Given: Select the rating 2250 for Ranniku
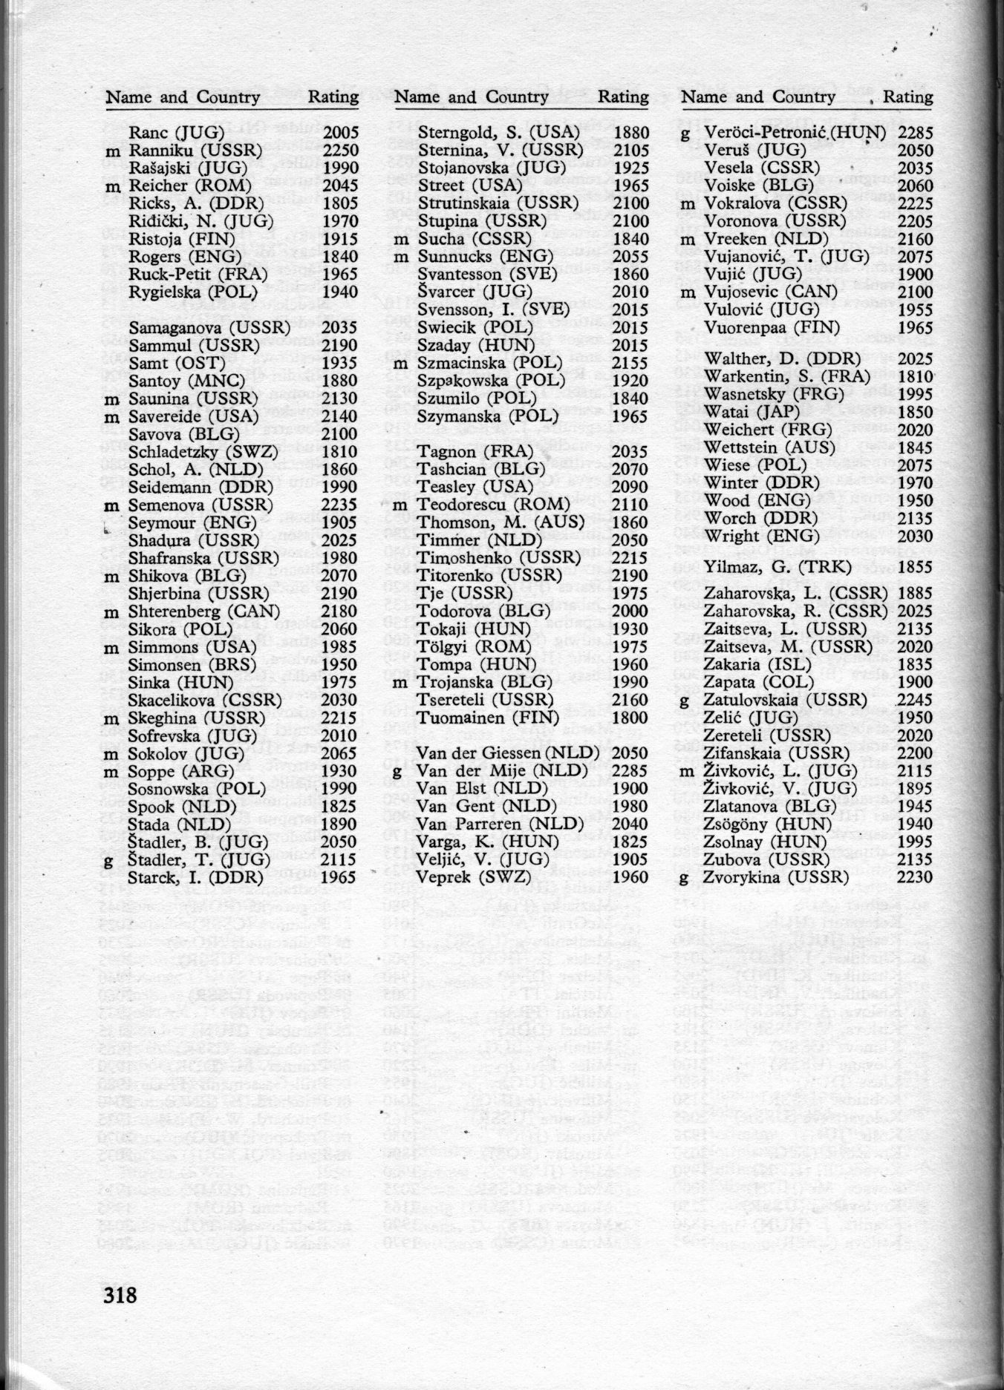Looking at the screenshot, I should (x=341, y=151).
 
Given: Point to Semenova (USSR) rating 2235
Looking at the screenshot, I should (x=341, y=505).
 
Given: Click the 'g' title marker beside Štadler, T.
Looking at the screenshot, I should (x=109, y=860).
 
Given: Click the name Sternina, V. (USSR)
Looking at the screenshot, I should (x=501, y=151).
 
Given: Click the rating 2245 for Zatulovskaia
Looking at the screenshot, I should (x=915, y=701).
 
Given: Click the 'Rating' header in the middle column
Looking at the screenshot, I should (x=623, y=97).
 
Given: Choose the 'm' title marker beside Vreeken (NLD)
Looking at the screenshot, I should (x=688, y=240).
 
